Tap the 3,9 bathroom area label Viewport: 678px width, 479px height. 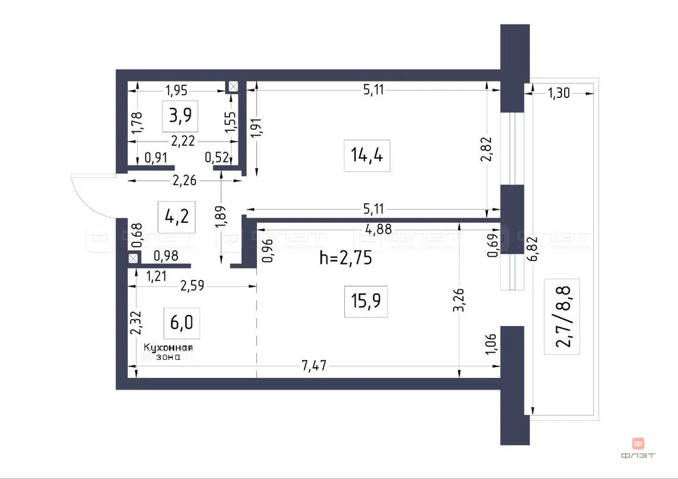click(180, 116)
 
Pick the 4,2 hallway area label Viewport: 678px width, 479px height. click(175, 216)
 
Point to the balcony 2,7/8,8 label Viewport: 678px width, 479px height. click(562, 316)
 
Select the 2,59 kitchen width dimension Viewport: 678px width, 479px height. click(193, 286)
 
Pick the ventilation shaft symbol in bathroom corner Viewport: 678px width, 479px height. click(233, 87)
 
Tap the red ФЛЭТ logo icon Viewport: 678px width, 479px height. click(638, 444)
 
